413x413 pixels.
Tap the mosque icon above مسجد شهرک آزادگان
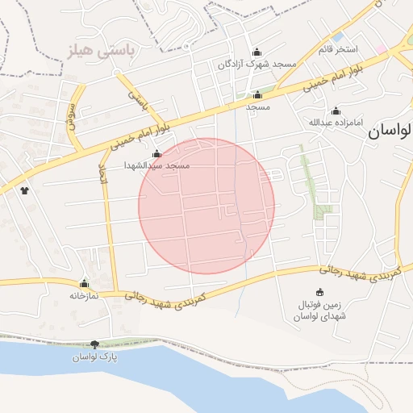(x=257, y=50)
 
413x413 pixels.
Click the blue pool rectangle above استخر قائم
(x=337, y=37)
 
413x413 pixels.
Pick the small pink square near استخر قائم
(x=381, y=49)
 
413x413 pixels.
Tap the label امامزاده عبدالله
(x=336, y=123)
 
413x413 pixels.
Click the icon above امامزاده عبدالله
(x=336, y=111)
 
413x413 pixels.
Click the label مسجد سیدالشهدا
(x=156, y=165)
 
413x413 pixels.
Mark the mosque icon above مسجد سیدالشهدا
(x=156, y=153)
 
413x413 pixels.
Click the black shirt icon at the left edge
(x=24, y=191)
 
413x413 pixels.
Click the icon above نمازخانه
(x=84, y=284)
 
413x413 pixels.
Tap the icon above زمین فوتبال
(x=321, y=292)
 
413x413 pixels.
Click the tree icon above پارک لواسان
(x=95, y=344)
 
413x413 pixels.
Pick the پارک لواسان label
(x=95, y=357)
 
